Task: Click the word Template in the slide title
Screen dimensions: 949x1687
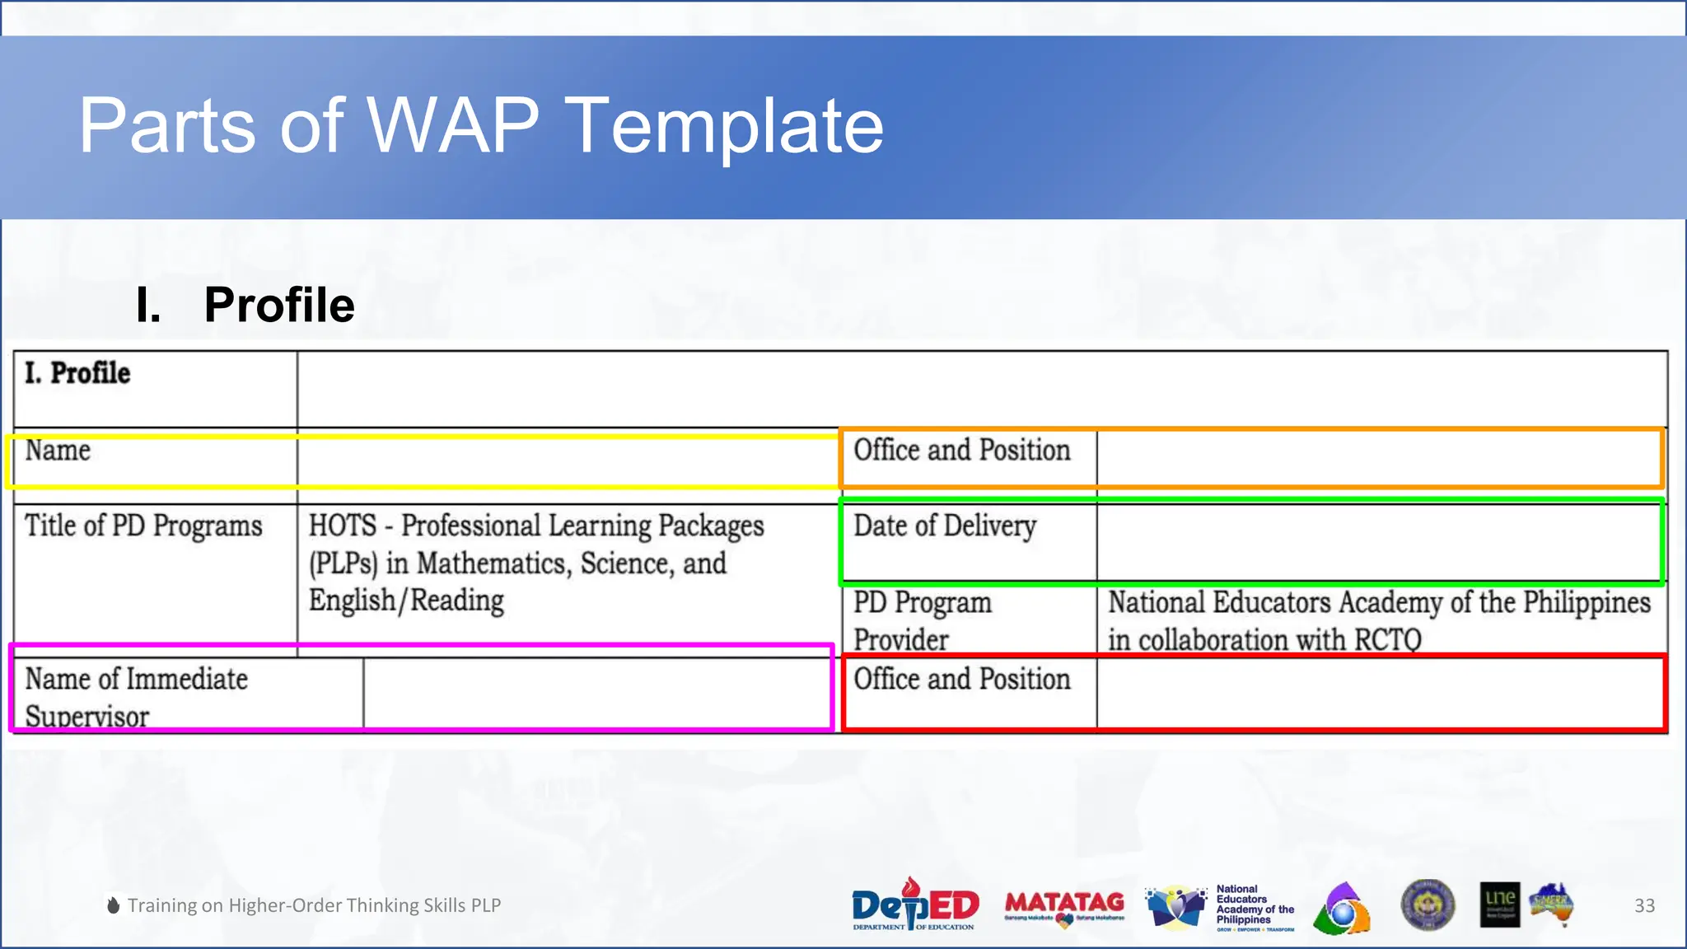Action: tap(725, 125)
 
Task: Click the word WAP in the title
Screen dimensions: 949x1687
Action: tap(452, 125)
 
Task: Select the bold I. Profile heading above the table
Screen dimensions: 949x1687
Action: tap(245, 305)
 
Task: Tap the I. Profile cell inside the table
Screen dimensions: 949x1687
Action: tap(78, 373)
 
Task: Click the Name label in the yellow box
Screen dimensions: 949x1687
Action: tap(58, 451)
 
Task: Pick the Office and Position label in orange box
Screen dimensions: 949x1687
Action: tap(961, 451)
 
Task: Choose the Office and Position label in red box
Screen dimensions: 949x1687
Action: tap(961, 680)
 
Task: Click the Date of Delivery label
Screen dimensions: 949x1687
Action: tap(945, 526)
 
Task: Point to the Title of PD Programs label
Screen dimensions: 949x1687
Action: tap(143, 526)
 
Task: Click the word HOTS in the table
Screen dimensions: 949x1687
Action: tap(343, 526)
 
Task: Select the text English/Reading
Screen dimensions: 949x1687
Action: tap(406, 601)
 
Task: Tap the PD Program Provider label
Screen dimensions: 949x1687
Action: tap(922, 620)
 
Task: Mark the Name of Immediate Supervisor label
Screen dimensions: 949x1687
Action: tap(136, 697)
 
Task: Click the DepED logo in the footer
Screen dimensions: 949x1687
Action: tap(914, 905)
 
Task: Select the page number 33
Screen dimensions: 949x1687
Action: tap(1644, 905)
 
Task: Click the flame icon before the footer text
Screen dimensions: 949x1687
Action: tap(114, 905)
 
